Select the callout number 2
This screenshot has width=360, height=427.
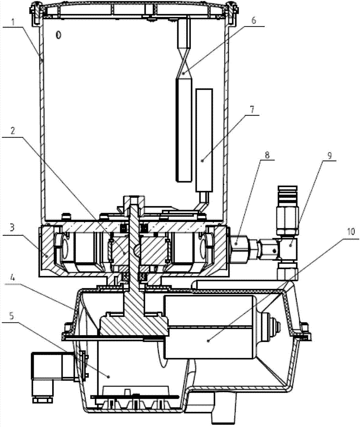pyautogui.click(x=13, y=131)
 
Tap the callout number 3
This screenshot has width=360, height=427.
pyautogui.click(x=12, y=228)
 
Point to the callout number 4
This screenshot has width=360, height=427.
pyautogui.click(x=12, y=278)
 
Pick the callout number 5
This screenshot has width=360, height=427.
pyautogui.click(x=12, y=316)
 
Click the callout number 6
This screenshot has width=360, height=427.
pyautogui.click(x=254, y=20)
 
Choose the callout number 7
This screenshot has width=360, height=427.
pyautogui.click(x=252, y=109)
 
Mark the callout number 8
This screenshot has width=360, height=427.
pyautogui.click(x=267, y=155)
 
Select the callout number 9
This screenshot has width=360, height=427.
pyautogui.click(x=329, y=155)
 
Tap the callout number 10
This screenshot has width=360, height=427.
pyautogui.click(x=351, y=231)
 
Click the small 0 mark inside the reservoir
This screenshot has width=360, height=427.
pyautogui.click(x=58, y=35)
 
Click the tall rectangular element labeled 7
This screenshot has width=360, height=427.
pyautogui.click(x=204, y=140)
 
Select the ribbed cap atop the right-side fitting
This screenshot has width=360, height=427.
pyautogui.click(x=287, y=196)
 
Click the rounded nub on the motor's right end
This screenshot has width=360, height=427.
pyautogui.click(x=271, y=325)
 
